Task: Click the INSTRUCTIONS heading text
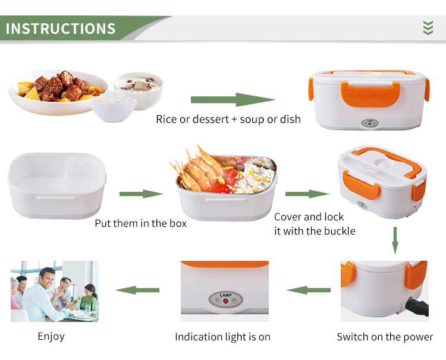(61, 29)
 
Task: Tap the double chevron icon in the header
(428, 28)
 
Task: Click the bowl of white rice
(114, 105)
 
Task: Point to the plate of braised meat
(56, 89)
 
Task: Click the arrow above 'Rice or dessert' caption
(233, 100)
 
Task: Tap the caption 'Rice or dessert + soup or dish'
(228, 119)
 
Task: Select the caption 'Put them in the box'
(141, 223)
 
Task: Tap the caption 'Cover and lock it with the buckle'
(315, 224)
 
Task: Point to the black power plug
(418, 306)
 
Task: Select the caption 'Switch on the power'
(385, 337)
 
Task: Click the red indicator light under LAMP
(226, 301)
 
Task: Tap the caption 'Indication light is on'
(222, 337)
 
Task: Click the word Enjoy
(51, 336)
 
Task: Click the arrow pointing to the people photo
(137, 290)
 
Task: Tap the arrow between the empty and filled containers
(141, 194)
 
